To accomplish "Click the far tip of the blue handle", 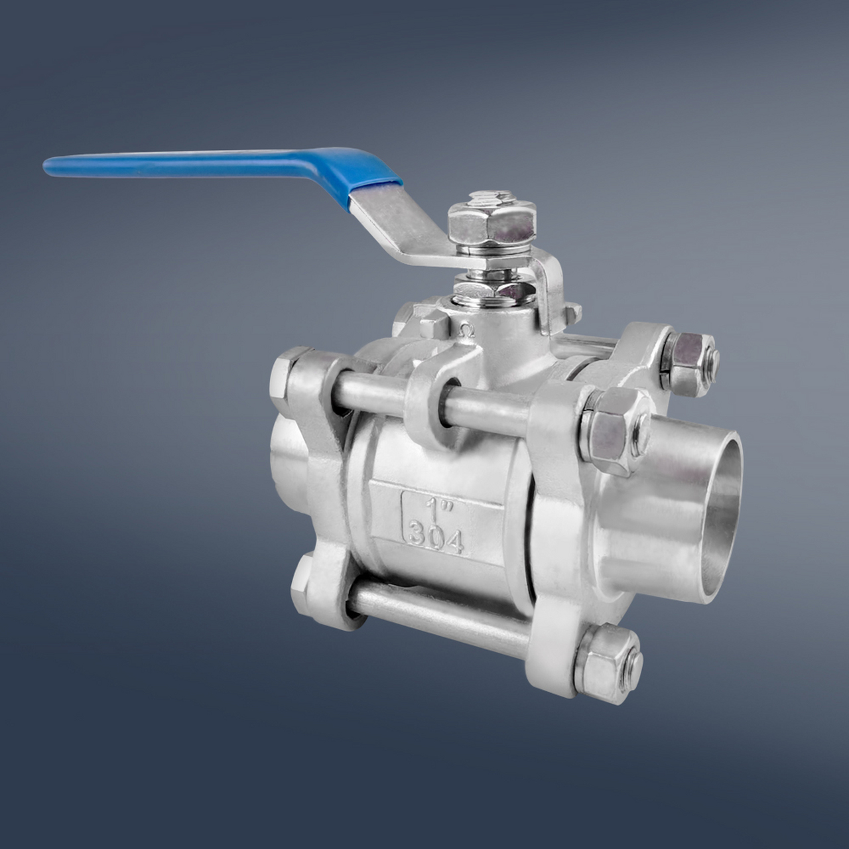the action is point(45,166).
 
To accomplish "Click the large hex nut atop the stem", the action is point(491,225).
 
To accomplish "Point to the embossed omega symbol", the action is point(466,330).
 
